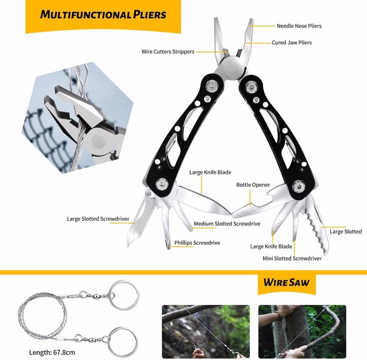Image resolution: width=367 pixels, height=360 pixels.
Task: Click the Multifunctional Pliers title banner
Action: pyautogui.click(x=103, y=14)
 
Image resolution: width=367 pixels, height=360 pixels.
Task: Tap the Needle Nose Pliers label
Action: pyautogui.click(x=299, y=26)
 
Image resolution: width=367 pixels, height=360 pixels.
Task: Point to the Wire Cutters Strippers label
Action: pyautogui.click(x=168, y=52)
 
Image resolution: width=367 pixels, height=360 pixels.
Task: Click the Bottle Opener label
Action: pyautogui.click(x=253, y=185)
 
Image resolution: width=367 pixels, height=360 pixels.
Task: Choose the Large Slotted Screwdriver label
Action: pyautogui.click(x=98, y=219)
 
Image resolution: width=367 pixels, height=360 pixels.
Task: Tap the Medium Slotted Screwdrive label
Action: pyautogui.click(x=227, y=224)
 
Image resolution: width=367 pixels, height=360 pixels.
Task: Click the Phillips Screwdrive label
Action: pyautogui.click(x=197, y=243)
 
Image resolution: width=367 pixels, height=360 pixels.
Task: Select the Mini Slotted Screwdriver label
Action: pyautogui.click(x=292, y=259)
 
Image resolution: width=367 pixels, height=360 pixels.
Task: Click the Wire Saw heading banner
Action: pyautogui.click(x=286, y=282)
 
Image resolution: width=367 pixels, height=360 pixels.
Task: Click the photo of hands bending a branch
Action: pyautogui.click(x=302, y=331)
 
